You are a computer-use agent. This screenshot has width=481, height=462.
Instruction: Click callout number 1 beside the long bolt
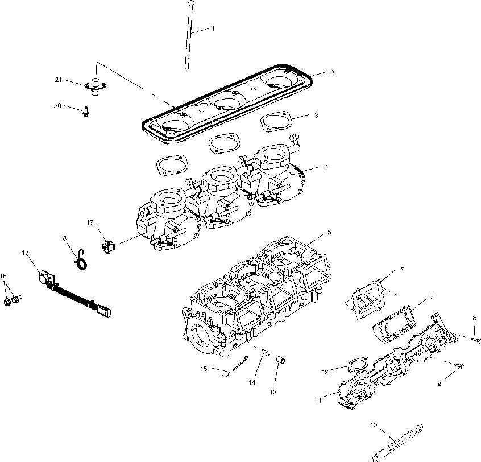pyautogui.click(x=213, y=28)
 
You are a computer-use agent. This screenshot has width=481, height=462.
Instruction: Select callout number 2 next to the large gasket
pyautogui.click(x=331, y=73)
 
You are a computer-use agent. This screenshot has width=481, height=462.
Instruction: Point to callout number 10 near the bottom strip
pyautogui.click(x=374, y=424)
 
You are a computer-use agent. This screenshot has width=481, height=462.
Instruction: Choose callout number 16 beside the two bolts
pyautogui.click(x=4, y=276)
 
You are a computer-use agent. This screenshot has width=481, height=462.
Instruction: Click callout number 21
pyautogui.click(x=57, y=80)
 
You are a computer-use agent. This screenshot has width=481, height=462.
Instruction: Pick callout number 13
pyautogui.click(x=273, y=392)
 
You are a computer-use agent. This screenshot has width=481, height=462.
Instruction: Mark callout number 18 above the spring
pyautogui.click(x=63, y=238)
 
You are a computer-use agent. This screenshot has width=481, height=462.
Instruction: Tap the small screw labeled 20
pyautogui.click(x=85, y=112)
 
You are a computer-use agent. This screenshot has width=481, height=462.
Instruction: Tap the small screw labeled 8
pyautogui.click(x=476, y=340)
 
